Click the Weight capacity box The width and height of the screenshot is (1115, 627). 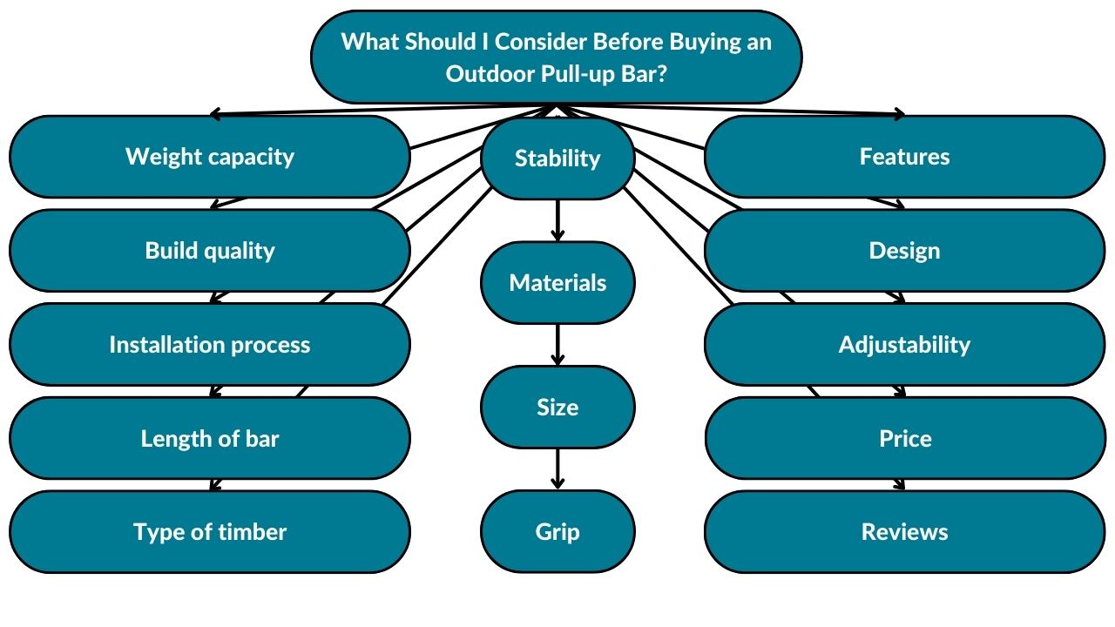(x=209, y=157)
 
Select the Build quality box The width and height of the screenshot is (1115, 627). (x=209, y=251)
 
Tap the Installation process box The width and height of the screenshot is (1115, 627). (x=209, y=345)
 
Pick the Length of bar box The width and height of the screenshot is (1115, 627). (x=209, y=438)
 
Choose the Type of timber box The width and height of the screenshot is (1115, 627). (x=209, y=532)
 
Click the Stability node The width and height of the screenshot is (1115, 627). (x=557, y=158)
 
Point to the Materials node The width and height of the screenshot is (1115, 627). (x=557, y=283)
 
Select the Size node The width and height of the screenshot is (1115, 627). (x=557, y=408)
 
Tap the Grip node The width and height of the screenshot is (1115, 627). (x=557, y=532)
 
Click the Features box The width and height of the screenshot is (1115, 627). (x=904, y=157)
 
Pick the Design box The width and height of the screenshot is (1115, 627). (x=904, y=251)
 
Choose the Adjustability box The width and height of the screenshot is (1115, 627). (x=904, y=345)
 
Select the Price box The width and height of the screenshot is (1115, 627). (x=904, y=438)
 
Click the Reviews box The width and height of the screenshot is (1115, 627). (x=904, y=532)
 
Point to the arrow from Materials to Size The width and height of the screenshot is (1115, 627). (x=557, y=345)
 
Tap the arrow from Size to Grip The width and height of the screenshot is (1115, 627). (x=557, y=469)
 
